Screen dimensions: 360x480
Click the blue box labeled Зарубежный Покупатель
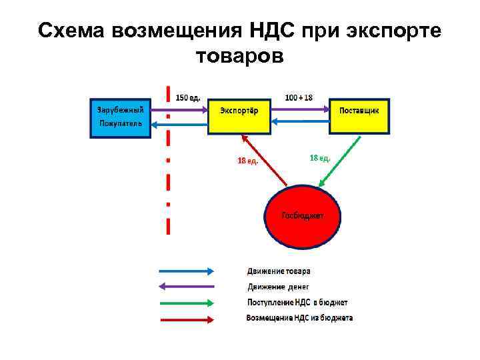(121, 118)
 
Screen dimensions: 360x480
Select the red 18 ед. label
(248, 160)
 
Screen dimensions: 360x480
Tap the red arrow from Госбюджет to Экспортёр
(265, 161)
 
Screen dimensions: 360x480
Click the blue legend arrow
(186, 271)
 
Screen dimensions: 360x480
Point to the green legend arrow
(186, 303)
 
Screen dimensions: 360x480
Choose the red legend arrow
(186, 318)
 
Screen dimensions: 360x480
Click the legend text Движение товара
(279, 271)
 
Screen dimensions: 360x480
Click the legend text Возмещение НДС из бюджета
(299, 318)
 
